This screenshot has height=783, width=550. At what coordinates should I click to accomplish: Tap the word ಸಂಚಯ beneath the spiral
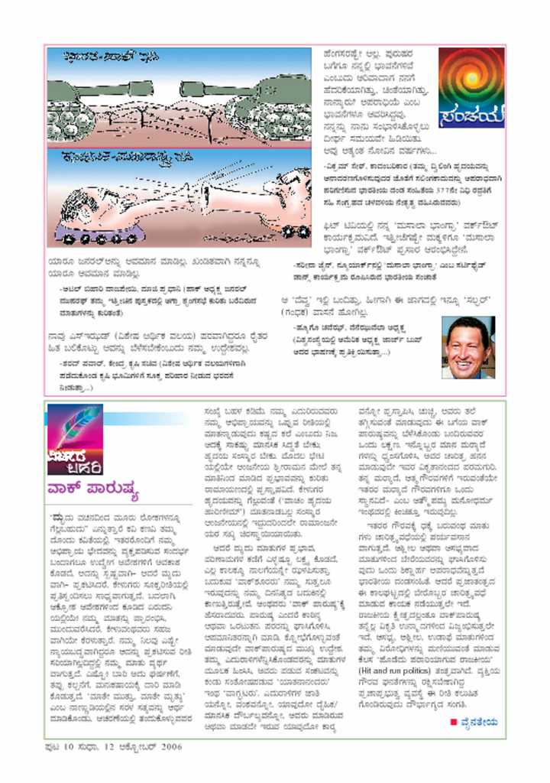(x=471, y=115)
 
